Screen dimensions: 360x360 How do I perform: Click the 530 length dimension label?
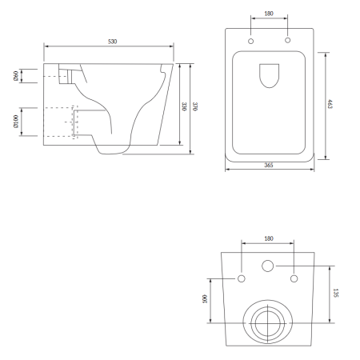[112, 42]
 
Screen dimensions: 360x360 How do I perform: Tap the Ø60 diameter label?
[16, 76]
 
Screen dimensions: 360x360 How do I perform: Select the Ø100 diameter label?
[16, 122]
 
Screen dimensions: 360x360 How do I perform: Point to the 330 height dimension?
[184, 106]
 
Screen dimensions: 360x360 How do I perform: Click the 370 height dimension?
[195, 106]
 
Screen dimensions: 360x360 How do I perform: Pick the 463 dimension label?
[330, 104]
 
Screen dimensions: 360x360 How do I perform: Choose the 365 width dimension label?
[269, 165]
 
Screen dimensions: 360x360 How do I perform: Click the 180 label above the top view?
[269, 14]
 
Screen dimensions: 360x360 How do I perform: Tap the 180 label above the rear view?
[269, 238]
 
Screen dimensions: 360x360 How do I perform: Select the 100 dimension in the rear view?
[205, 299]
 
